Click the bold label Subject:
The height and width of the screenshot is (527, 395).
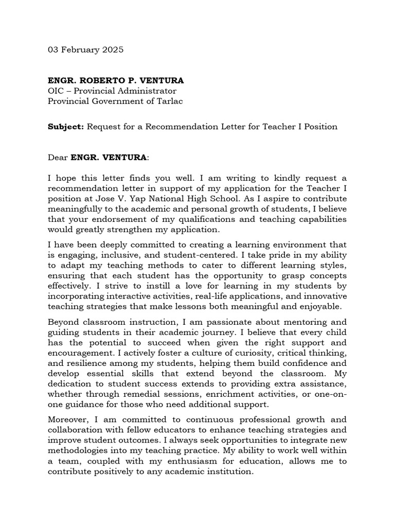66,127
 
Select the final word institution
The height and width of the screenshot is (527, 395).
231,471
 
